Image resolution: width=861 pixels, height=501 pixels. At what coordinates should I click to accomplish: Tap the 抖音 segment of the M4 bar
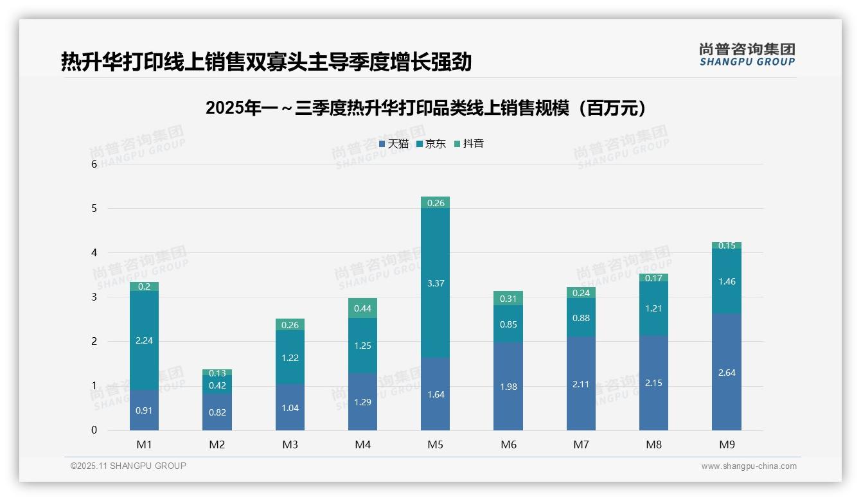362,308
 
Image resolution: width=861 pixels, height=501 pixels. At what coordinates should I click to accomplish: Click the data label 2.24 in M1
144,340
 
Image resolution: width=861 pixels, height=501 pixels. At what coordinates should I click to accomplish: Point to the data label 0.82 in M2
217,412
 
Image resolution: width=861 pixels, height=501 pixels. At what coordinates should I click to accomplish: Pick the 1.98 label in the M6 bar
508,387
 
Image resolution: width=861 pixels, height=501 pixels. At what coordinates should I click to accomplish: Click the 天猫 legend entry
394,144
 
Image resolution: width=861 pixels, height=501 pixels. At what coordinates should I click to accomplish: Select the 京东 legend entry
431,144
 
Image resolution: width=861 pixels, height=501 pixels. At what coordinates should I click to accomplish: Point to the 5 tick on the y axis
94,209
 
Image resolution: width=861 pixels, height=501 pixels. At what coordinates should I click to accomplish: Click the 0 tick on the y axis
94,430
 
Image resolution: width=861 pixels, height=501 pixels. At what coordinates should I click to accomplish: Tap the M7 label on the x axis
581,444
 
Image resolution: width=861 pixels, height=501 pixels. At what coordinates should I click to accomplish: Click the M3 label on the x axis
290,444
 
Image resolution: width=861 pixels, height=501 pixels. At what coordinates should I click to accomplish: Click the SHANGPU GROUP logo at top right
747,55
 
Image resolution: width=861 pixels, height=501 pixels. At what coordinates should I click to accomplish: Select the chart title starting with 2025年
427,108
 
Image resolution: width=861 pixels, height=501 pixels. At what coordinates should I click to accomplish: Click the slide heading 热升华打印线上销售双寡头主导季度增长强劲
266,62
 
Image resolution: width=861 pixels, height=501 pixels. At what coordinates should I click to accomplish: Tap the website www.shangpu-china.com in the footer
749,466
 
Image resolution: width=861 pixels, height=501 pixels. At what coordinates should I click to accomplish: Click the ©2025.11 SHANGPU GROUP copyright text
129,466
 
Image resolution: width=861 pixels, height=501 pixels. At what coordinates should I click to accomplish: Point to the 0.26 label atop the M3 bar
290,325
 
